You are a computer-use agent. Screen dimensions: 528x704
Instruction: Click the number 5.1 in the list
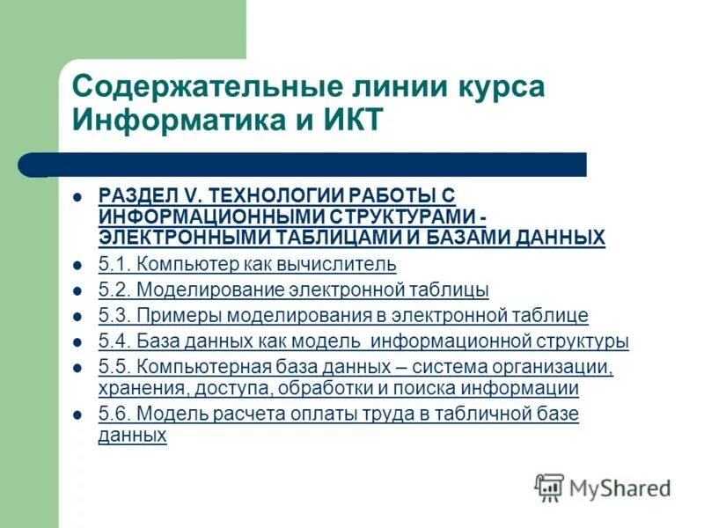112,264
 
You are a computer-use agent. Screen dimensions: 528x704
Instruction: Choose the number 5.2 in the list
112,290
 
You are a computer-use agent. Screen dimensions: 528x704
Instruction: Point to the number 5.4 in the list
112,341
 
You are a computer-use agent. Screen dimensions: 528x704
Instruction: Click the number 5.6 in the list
112,414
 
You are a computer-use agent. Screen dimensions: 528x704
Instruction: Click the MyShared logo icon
549,487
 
